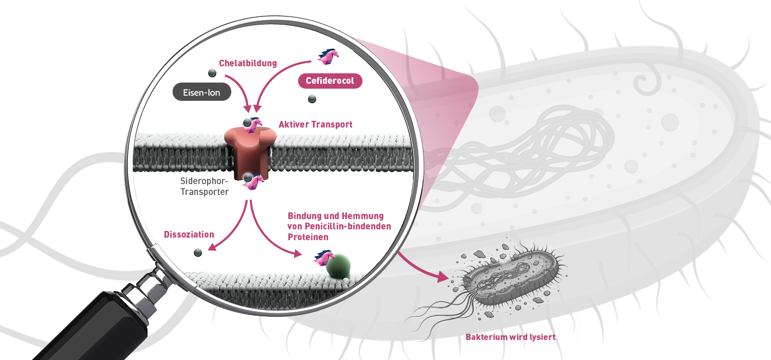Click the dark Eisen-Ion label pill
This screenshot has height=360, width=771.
[201, 92]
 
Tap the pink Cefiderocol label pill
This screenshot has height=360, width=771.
[330, 81]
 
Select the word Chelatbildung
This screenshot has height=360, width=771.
[248, 63]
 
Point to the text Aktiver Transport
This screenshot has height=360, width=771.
[315, 124]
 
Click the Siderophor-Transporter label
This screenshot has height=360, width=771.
[205, 186]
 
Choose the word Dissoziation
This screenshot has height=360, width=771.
[189, 235]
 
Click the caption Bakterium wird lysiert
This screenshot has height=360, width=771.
[510, 337]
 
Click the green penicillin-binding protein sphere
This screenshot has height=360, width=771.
[338, 266]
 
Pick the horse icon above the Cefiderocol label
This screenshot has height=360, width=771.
[328, 57]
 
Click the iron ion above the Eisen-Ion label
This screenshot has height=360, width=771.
[212, 73]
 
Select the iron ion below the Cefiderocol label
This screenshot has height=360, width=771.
[312, 99]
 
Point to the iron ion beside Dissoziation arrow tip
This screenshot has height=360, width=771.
[198, 253]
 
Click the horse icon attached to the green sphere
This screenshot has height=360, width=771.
[323, 258]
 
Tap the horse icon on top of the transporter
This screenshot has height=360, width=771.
[254, 125]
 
